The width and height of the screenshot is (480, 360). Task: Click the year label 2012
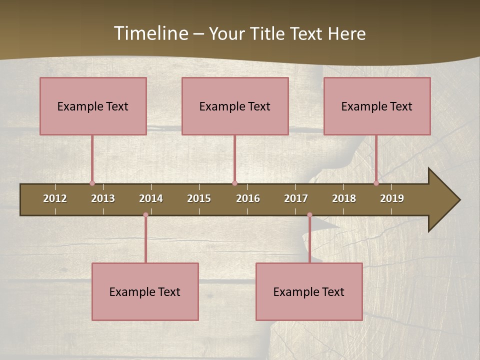coord(55,198)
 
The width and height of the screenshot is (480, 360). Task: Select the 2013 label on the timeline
coord(103,198)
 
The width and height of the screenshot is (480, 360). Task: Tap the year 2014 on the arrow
coord(151,198)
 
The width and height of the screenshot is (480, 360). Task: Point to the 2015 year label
coord(199,198)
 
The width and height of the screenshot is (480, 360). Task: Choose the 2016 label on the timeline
coord(248,198)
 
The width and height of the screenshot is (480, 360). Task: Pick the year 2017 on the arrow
coord(296,198)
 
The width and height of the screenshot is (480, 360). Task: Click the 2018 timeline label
coord(344,198)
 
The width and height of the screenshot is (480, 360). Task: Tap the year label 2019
coord(392,198)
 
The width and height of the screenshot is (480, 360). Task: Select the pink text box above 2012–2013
coord(93,106)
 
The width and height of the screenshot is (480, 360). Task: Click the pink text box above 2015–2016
coord(235,106)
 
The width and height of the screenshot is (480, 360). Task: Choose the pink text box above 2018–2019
coord(377,106)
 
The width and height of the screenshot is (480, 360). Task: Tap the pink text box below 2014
coord(145,291)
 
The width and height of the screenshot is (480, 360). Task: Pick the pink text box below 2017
coord(309,291)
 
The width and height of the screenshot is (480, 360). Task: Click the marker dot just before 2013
coord(92,183)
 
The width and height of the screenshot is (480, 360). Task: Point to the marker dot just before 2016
coord(234,183)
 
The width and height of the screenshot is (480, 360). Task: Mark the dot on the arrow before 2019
coord(376,183)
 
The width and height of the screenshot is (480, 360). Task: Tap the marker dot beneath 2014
coord(145,215)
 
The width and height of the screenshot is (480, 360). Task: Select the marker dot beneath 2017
coord(309,215)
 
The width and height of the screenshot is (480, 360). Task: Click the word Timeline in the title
coord(151,33)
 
